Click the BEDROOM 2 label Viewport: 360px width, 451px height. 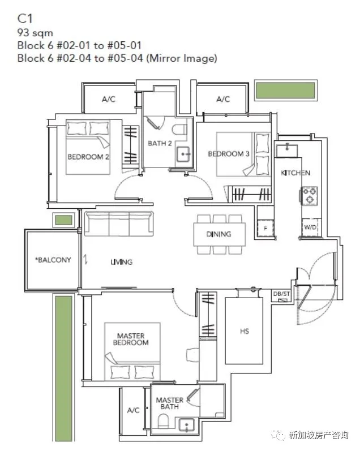[x=88, y=157]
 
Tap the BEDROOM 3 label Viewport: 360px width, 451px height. [x=229, y=154]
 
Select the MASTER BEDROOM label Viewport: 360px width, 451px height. [x=131, y=339]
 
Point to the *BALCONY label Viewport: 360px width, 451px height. [x=53, y=260]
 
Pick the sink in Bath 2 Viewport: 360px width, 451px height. [x=183, y=154]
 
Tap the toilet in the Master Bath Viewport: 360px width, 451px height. [x=163, y=422]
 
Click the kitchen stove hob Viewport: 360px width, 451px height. [x=310, y=196]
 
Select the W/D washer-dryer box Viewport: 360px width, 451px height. [x=310, y=227]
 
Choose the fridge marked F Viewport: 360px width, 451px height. [x=265, y=229]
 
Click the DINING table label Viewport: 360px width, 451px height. [x=218, y=234]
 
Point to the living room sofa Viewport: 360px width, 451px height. [x=119, y=224]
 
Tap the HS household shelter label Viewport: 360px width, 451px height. [x=245, y=332]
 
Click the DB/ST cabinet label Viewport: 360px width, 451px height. [x=281, y=294]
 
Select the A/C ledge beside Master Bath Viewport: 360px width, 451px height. [x=133, y=410]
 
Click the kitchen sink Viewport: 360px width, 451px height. [x=286, y=151]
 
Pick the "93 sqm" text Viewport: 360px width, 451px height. [x=35, y=33]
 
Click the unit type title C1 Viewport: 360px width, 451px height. [x=25, y=19]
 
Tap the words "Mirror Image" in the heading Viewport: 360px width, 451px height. [x=182, y=58]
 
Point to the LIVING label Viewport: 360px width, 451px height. [x=122, y=262]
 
